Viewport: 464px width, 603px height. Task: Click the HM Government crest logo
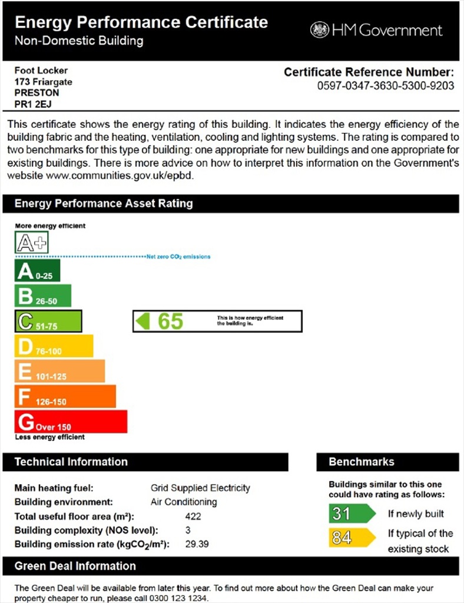(320, 29)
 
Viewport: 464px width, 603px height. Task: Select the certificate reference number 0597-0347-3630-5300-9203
(386, 85)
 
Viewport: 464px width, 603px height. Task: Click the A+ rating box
(32, 242)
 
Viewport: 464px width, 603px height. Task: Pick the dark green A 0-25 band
(37, 271)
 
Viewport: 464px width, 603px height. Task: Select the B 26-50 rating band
(42, 296)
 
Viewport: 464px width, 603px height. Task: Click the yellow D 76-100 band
(54, 346)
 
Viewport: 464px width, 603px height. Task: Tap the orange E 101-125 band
(59, 372)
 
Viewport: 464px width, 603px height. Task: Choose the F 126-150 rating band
(65, 397)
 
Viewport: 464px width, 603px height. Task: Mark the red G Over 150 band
(71, 422)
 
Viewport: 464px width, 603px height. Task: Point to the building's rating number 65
(170, 322)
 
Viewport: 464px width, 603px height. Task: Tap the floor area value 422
(193, 516)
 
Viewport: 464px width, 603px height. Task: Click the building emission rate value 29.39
(197, 544)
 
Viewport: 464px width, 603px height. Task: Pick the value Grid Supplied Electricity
(200, 488)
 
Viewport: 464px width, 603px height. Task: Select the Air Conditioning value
(184, 502)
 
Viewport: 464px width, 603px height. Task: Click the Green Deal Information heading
(75, 566)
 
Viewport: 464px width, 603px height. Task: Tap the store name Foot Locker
(41, 71)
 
